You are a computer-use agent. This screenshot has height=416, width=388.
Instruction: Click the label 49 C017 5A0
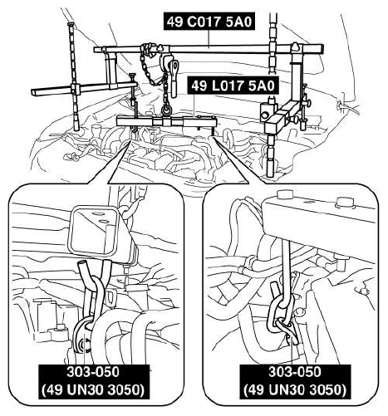tap(209, 22)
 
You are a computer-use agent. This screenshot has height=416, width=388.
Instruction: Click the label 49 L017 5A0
tap(233, 86)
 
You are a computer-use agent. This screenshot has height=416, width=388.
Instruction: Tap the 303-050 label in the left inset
tap(93, 372)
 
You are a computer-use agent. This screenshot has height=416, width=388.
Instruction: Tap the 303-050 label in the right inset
tap(295, 372)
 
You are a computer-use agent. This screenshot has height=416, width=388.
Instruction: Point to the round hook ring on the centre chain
tap(166, 110)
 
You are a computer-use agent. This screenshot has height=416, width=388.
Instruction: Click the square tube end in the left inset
tap(93, 230)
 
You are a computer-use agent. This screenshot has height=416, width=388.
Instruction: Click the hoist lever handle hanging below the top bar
tap(174, 80)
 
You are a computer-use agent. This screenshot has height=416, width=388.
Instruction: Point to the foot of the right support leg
tap(270, 171)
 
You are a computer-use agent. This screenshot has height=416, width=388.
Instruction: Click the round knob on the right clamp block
tap(264, 114)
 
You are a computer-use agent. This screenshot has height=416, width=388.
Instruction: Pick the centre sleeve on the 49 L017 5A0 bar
tap(166, 121)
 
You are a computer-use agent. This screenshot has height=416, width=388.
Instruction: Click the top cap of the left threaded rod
tap(70, 24)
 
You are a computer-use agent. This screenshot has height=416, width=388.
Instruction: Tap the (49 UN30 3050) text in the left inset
tap(93, 390)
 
